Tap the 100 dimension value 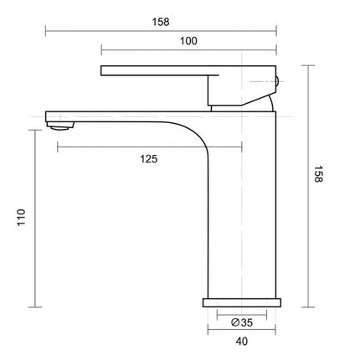click(x=188, y=41)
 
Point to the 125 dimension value click(x=149, y=157)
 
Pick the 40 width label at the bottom click(x=240, y=342)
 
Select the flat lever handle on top click(x=155, y=71)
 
